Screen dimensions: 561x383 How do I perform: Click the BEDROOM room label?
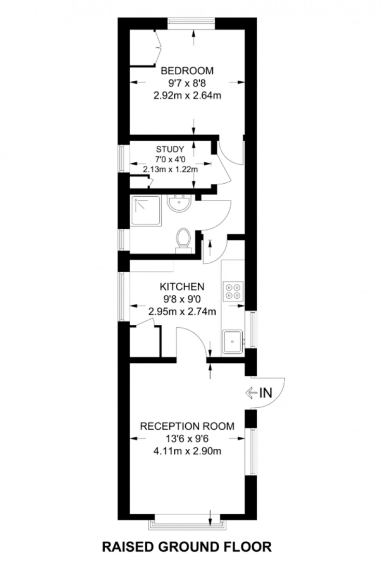point(187,71)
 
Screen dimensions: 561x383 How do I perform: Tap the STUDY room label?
point(170,149)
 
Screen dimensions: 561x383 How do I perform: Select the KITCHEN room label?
point(182,287)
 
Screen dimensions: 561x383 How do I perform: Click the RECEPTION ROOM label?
point(187,426)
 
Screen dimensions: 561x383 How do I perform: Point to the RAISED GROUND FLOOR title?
point(187,547)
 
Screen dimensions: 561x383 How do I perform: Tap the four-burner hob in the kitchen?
point(233,291)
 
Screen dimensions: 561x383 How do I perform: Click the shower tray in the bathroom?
point(145,211)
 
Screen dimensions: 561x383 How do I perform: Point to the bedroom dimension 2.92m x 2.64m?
point(187,95)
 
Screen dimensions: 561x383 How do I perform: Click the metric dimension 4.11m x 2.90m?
point(187,451)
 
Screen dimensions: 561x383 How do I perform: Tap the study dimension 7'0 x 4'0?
point(170,160)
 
